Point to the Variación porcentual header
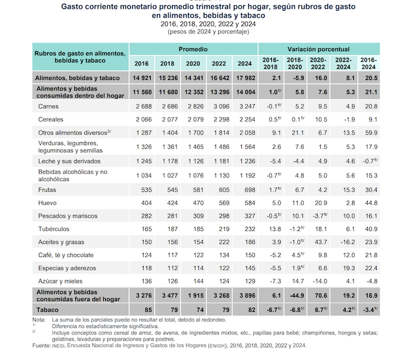318,49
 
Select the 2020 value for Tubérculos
192,229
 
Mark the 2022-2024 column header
344,63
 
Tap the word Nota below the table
38,319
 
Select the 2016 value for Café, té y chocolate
141,255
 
